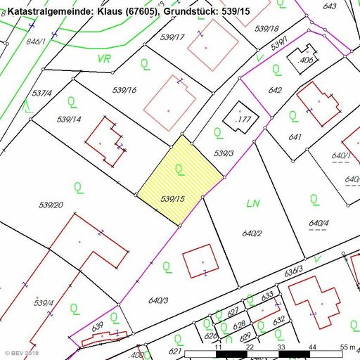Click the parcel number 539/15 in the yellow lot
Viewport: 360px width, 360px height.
(x=172, y=200)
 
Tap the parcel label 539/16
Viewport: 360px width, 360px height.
(x=124, y=90)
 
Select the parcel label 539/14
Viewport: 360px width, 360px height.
(x=69, y=120)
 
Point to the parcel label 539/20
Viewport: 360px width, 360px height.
(x=51, y=205)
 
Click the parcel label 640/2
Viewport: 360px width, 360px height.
(x=252, y=233)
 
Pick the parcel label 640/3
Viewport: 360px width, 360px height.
(x=158, y=300)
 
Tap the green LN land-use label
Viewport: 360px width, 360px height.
(x=253, y=203)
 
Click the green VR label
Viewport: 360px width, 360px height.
(x=105, y=58)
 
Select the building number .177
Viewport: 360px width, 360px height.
(x=244, y=120)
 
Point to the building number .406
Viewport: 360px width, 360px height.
(x=305, y=61)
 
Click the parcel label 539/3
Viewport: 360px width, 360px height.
(x=223, y=153)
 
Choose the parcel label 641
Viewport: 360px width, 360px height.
(x=295, y=137)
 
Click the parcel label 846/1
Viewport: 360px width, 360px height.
(x=37, y=41)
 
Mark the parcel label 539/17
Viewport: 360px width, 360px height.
(x=172, y=37)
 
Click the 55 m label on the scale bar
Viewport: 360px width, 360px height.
(x=347, y=347)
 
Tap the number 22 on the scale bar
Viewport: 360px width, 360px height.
(x=250, y=347)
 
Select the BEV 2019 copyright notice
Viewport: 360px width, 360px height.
(x=23, y=353)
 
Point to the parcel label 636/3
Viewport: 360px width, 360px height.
(x=294, y=269)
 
